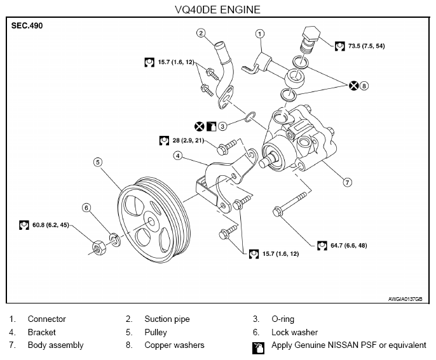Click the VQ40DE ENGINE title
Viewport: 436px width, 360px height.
(218, 10)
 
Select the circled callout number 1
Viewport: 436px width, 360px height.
(259, 33)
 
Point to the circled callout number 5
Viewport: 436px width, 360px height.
(98, 161)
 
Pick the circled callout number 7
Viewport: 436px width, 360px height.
(347, 182)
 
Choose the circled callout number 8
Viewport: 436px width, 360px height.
(364, 86)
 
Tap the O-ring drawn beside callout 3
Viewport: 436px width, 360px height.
(250, 117)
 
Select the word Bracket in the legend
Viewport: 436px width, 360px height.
(42, 332)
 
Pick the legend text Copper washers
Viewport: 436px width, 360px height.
(174, 345)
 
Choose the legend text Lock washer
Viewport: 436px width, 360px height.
(294, 332)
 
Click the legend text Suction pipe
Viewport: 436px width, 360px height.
(167, 319)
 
